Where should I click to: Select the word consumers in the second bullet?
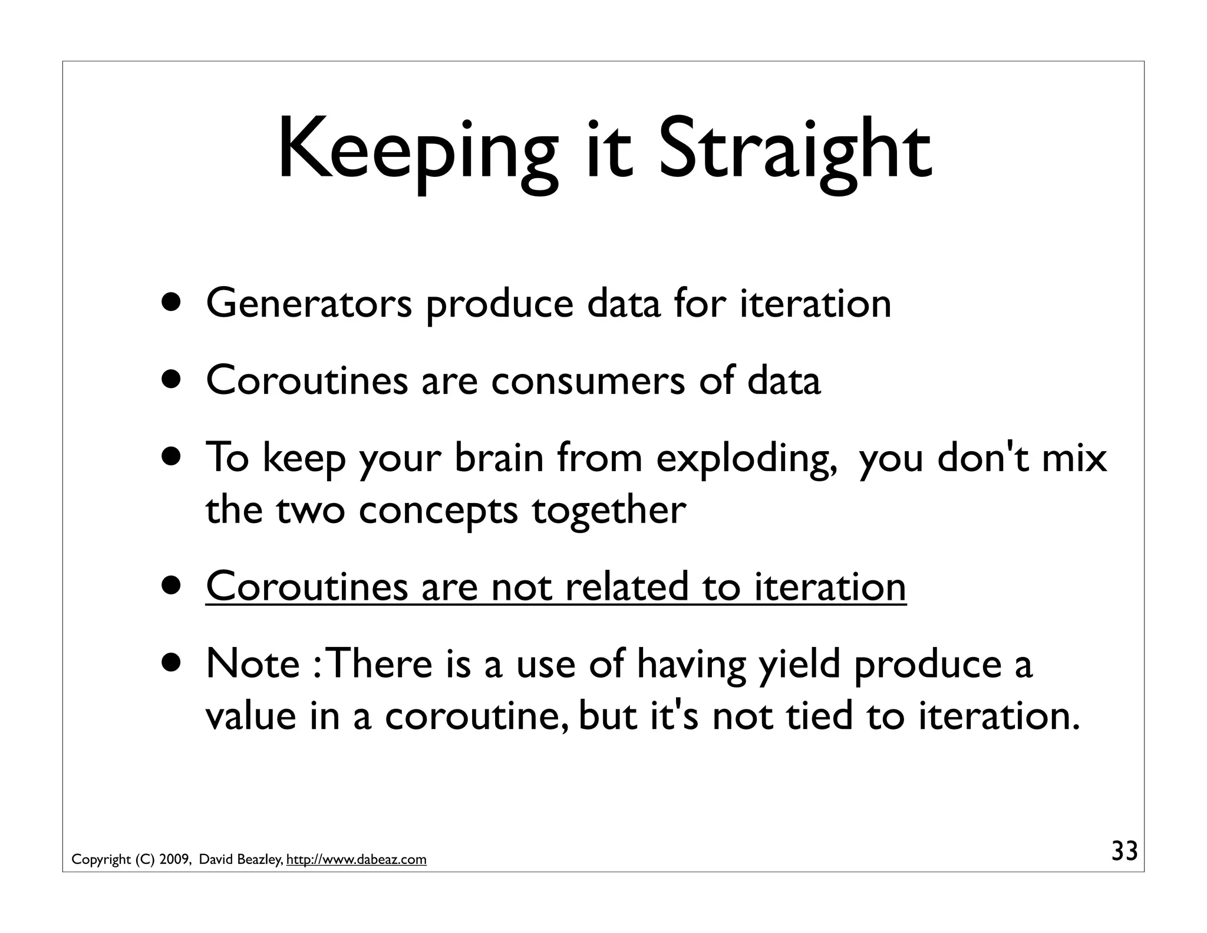(x=588, y=380)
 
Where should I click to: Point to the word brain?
(x=499, y=458)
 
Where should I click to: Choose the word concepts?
(x=438, y=510)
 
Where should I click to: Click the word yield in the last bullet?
(x=799, y=664)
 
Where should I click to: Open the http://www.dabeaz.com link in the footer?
(x=356, y=860)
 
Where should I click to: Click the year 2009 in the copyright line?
(x=174, y=860)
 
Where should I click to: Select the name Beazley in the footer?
(x=260, y=860)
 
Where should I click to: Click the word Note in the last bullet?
(x=253, y=664)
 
